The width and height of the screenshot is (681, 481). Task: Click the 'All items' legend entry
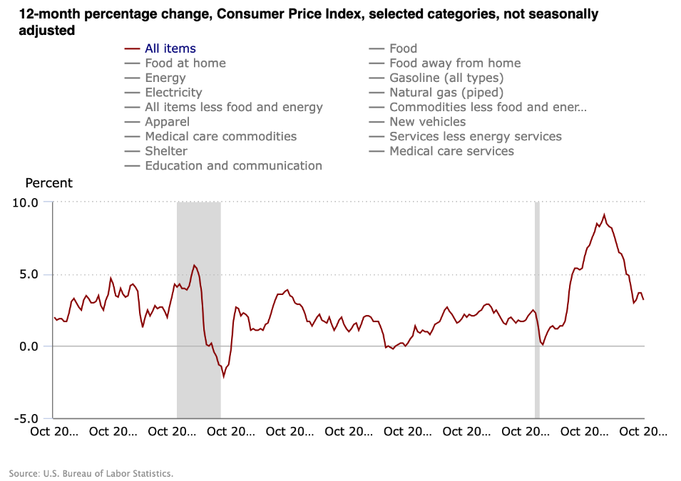tap(170, 48)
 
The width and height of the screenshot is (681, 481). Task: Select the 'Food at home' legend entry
tap(185, 63)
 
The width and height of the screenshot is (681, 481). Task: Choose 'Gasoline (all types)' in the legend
tap(446, 78)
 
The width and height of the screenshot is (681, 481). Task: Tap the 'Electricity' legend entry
tap(173, 93)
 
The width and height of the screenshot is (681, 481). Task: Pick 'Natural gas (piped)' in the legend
tap(446, 93)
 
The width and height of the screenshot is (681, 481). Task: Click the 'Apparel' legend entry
tap(167, 122)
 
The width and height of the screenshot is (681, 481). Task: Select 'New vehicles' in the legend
tap(427, 122)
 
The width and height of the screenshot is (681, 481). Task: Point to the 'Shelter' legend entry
tap(166, 151)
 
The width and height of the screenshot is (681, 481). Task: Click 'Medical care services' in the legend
tap(451, 151)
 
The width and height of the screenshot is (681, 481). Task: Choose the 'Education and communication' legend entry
tap(233, 166)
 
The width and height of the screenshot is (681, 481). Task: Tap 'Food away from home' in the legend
tap(455, 63)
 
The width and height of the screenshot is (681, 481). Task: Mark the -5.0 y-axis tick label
tap(26, 418)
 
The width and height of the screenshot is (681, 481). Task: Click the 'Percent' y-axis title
tap(48, 183)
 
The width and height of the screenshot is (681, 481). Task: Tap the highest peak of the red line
tap(604, 214)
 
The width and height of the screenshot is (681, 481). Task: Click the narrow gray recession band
tap(537, 310)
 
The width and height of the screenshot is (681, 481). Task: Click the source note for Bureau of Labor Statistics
tap(91, 473)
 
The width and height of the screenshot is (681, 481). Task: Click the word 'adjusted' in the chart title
tap(47, 31)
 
